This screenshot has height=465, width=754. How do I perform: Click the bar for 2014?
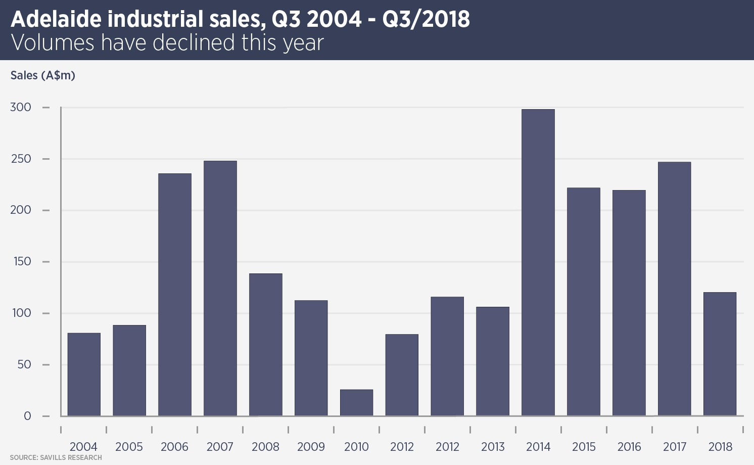coord(538,263)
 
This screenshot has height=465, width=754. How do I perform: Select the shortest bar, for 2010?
coord(356,403)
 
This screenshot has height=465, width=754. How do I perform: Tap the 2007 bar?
coord(220,288)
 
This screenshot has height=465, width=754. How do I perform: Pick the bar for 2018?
coord(720,354)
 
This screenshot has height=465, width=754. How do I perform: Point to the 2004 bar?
coord(84,375)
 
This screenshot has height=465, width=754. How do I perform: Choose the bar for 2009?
coord(311,358)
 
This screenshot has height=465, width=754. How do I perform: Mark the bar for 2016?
coord(629,303)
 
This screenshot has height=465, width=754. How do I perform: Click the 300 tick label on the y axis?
coord(21,107)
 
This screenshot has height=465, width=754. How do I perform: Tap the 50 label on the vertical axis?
coord(24,364)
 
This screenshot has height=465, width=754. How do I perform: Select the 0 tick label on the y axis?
coord(27,416)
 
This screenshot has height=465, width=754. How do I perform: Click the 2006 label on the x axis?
coord(174,447)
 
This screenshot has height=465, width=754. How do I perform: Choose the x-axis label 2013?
coord(493,447)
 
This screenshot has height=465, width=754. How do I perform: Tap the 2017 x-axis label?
coord(675,447)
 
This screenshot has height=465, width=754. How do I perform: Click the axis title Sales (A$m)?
coord(43,75)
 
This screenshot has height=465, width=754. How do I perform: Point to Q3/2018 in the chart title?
coord(426,19)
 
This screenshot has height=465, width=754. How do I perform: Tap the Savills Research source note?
coord(56,457)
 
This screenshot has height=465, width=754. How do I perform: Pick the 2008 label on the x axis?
coord(265,447)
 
